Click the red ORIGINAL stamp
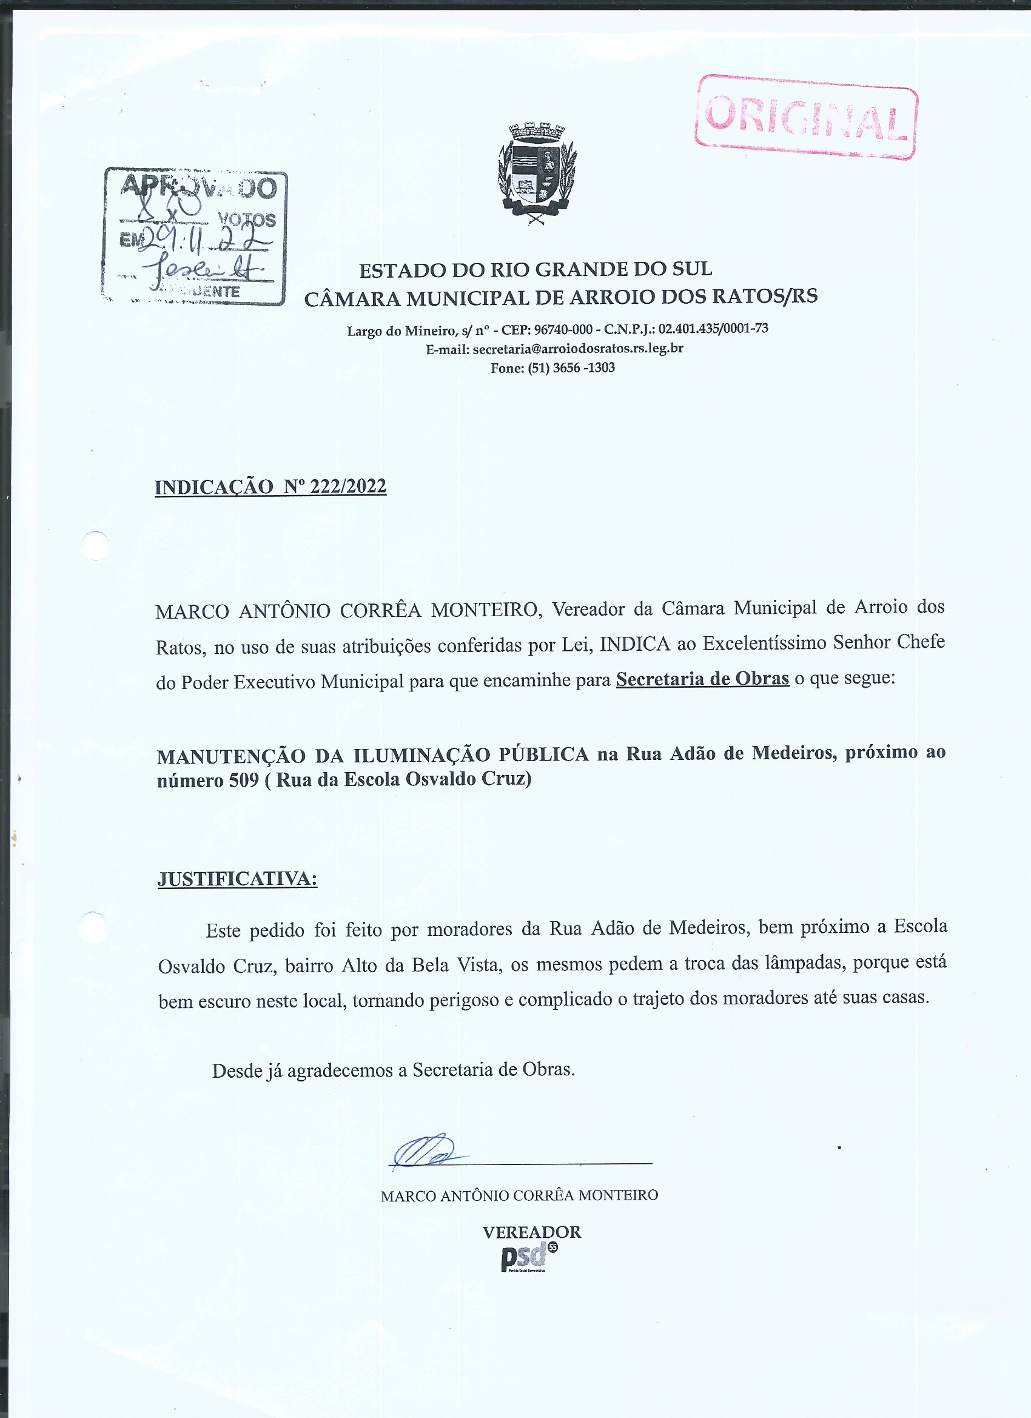click(x=805, y=118)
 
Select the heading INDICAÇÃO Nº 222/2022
click(x=270, y=486)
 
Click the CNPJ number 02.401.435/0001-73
click(x=713, y=328)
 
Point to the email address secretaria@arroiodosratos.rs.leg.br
click(x=578, y=348)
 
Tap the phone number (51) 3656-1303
click(x=571, y=368)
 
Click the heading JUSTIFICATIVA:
click(x=237, y=878)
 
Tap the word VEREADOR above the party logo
click(x=531, y=1232)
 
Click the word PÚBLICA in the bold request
click(x=543, y=754)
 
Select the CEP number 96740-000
click(x=563, y=329)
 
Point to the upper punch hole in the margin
click(x=96, y=545)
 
